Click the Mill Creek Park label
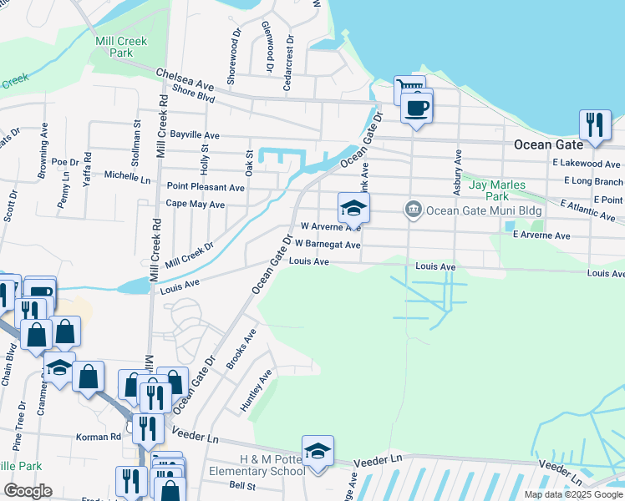click(x=121, y=47)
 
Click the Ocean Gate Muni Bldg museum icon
click(x=413, y=210)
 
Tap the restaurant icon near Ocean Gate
click(x=594, y=124)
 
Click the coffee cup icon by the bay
click(x=416, y=107)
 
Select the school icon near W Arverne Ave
click(x=353, y=207)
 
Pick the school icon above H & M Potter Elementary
click(x=318, y=451)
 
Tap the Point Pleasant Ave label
click(x=206, y=188)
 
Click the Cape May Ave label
click(x=195, y=204)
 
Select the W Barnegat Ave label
click(x=327, y=245)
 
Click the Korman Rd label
click(x=98, y=437)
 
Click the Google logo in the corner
click(x=28, y=491)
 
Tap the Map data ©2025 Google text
click(x=572, y=494)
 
